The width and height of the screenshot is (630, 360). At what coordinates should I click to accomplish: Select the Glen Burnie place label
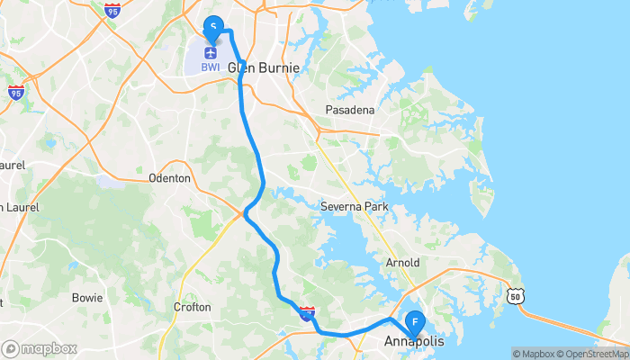click(263, 67)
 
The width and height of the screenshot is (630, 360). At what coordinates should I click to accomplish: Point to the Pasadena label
click(349, 110)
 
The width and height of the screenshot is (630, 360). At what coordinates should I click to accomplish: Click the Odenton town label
click(169, 178)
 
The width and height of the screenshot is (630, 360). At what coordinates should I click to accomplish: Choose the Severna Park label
click(354, 207)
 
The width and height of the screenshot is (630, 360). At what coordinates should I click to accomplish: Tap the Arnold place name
click(402, 263)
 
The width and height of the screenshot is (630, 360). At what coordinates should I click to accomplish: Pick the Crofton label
click(192, 307)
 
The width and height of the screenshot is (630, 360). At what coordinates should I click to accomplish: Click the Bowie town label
click(87, 297)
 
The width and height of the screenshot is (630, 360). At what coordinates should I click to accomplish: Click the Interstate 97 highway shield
click(307, 312)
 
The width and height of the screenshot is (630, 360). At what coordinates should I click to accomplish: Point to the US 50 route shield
click(515, 295)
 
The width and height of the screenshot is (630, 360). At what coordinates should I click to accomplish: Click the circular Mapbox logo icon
click(11, 348)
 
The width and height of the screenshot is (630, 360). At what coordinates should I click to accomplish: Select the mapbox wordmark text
click(49, 348)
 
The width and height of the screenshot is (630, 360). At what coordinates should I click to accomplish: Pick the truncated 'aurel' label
click(12, 166)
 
